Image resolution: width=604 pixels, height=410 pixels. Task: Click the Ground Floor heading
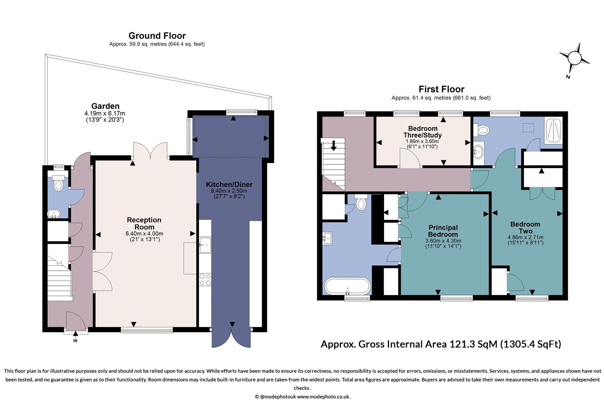[x=157, y=36]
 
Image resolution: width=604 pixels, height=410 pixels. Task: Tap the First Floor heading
[x=441, y=89]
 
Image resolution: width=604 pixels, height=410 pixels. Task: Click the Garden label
[x=105, y=106]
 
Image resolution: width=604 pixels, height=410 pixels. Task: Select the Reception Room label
[x=144, y=223]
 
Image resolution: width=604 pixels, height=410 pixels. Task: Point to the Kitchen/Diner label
[x=229, y=184]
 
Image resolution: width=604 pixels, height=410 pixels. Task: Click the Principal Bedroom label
[x=443, y=231]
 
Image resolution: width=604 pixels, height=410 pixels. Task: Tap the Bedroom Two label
[x=525, y=227]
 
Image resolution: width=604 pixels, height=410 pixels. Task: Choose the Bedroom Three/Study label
[x=422, y=132]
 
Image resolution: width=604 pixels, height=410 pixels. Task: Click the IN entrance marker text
[x=75, y=341]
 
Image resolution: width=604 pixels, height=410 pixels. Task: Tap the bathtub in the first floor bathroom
[x=347, y=286]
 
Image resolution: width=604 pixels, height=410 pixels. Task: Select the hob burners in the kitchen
[x=205, y=279]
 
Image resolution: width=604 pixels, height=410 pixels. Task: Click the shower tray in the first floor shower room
[x=553, y=131]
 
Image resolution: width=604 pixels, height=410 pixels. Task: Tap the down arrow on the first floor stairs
[x=334, y=145]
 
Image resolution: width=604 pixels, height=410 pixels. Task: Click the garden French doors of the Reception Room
[x=150, y=151]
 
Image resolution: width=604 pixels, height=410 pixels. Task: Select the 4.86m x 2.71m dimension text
[x=525, y=237]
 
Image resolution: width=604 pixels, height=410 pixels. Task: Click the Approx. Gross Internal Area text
[x=441, y=344]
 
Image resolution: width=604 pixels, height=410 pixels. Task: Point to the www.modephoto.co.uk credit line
[x=302, y=397]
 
